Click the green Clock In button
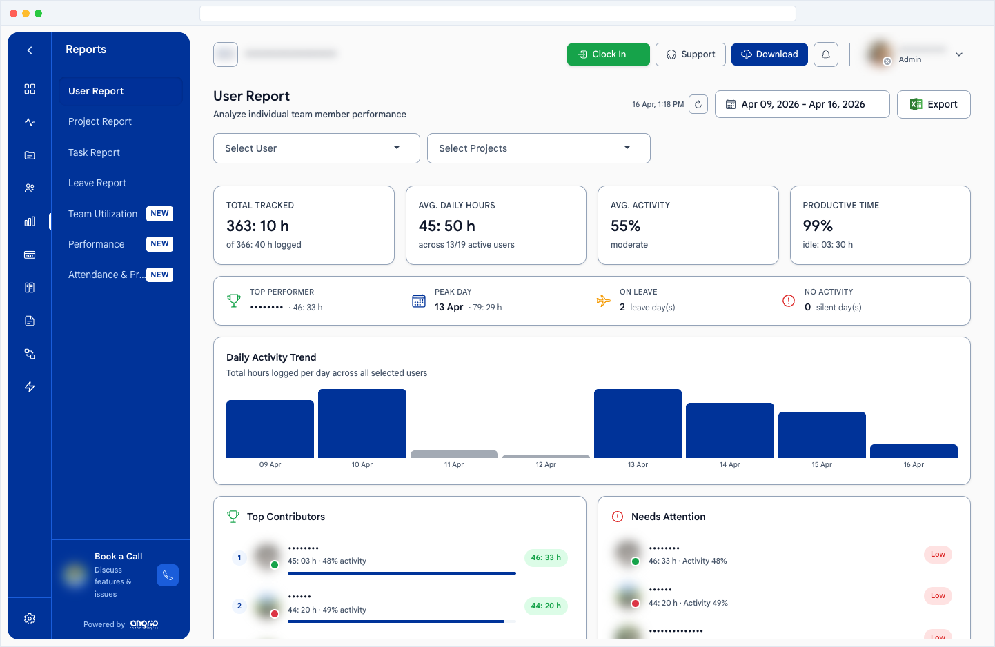tap(608, 54)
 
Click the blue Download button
tap(769, 54)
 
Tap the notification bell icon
tap(825, 54)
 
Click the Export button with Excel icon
tap(933, 104)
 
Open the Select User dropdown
tap(316, 148)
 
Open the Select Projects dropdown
tap(538, 148)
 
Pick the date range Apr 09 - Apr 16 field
tap(802, 104)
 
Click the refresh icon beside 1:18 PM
tap(698, 104)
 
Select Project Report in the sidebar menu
tap(100, 121)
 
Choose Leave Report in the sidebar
tap(97, 183)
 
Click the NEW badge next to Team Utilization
tap(159, 214)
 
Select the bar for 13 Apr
tap(638, 424)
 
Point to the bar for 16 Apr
tap(914, 451)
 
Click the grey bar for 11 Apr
tap(454, 454)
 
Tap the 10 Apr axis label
tap(362, 465)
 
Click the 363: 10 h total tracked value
tap(257, 226)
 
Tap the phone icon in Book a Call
tap(168, 575)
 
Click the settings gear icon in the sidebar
tap(30, 619)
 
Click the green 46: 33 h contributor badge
tap(546, 557)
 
